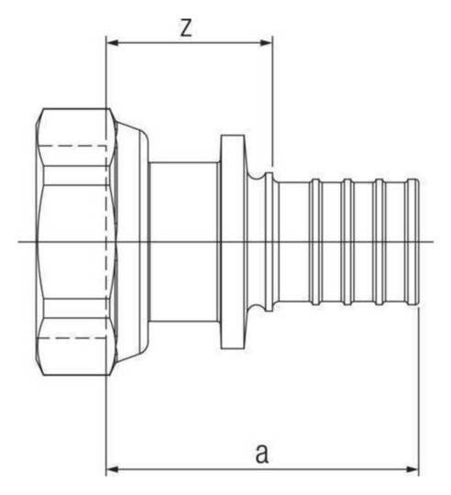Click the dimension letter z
click(186, 27)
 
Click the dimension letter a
click(262, 454)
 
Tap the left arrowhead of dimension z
click(112, 42)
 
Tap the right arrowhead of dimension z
click(267, 42)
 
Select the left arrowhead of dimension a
click(112, 469)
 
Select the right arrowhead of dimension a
click(412, 469)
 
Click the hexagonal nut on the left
click(76, 241)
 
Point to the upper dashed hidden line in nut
click(74, 146)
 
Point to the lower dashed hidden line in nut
click(74, 338)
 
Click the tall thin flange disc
click(232, 242)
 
